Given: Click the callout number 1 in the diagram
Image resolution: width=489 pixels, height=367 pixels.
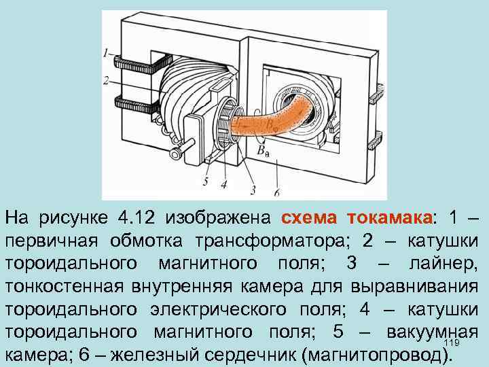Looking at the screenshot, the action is tap(106, 52).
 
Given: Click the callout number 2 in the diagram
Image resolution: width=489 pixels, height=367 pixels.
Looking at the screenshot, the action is tap(106, 80).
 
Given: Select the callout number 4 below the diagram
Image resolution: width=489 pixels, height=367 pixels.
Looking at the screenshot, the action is tap(223, 183).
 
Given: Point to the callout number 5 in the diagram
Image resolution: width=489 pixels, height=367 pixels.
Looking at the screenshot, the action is tap(205, 181).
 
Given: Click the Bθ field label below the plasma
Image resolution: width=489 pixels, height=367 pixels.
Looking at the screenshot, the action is tap(262, 152).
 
